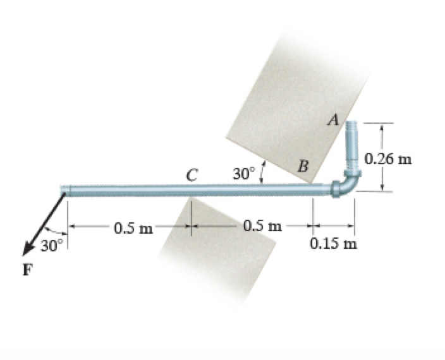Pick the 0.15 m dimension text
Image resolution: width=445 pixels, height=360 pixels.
pyautogui.click(x=334, y=244)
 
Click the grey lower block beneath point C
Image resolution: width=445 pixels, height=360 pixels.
pyautogui.click(x=221, y=246)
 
